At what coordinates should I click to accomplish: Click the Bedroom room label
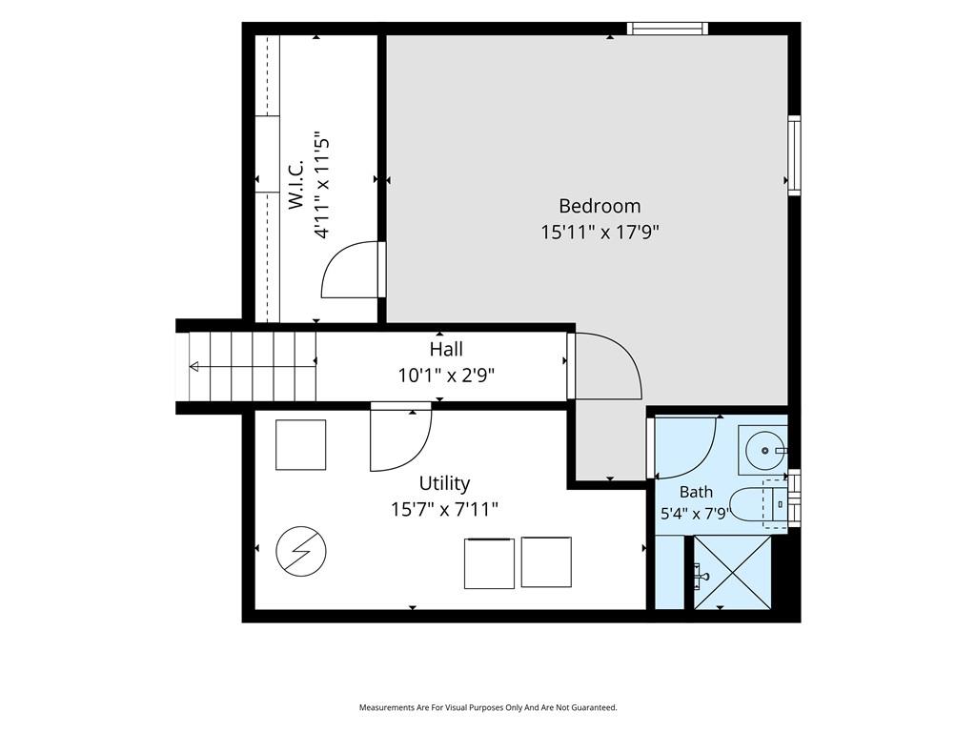point(600,206)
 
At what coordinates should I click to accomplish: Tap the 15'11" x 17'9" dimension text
point(600,233)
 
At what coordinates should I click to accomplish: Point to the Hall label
point(446,349)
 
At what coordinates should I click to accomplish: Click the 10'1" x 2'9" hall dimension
point(446,376)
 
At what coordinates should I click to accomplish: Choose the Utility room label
point(444,483)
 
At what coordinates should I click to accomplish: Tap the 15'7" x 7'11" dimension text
point(444,510)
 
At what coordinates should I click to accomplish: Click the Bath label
point(696,492)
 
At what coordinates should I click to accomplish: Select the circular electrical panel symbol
point(301,551)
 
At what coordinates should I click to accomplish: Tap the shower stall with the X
point(732,573)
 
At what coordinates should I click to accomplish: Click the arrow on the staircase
point(253,367)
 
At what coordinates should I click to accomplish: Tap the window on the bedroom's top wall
point(667,28)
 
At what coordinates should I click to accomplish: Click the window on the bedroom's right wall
point(794,155)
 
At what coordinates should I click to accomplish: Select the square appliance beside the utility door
point(300,445)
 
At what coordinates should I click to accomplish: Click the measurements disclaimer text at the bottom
point(488,708)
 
